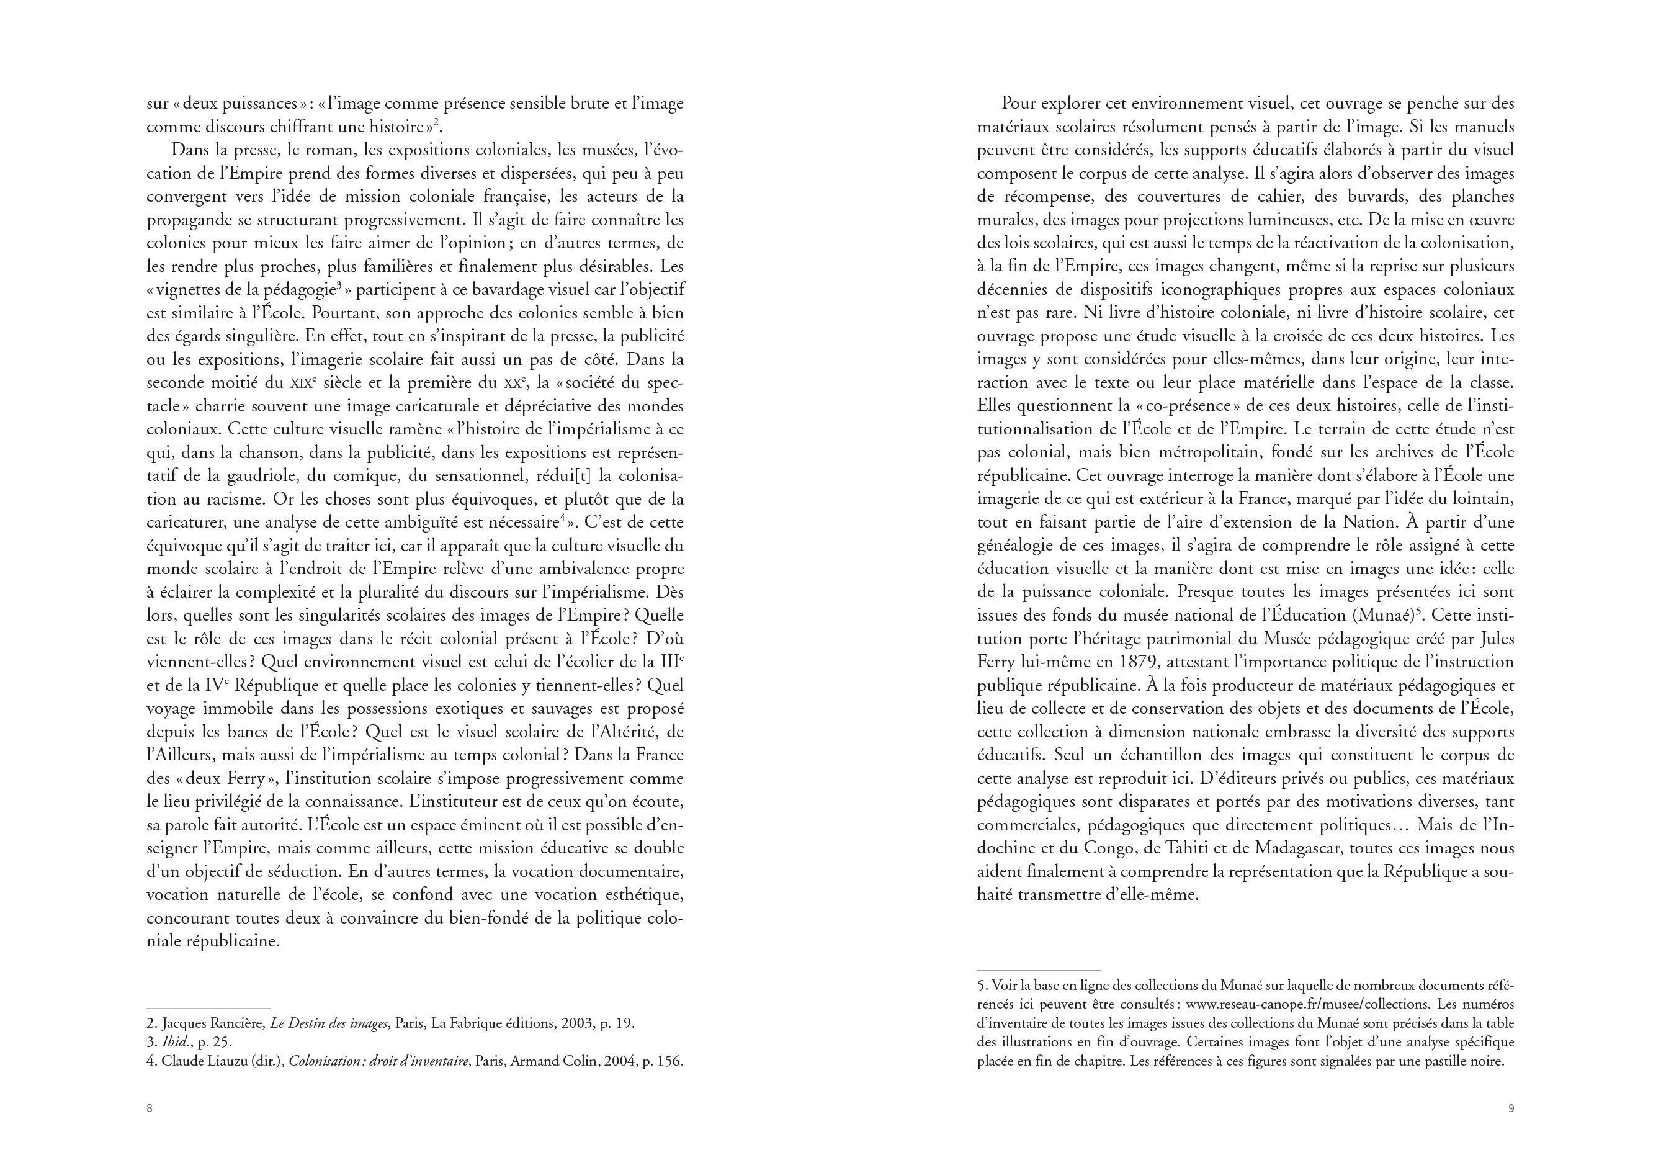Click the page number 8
click(150, 1108)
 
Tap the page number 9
click(1510, 1108)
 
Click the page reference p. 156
click(663, 1061)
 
